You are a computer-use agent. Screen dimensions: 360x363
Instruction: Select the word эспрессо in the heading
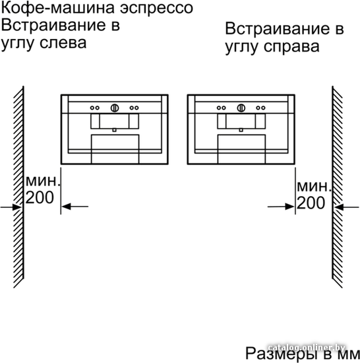[x=156, y=9]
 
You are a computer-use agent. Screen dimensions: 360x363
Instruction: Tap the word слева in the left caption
[x=63, y=43]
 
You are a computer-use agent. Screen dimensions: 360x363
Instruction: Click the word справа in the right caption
[x=291, y=47]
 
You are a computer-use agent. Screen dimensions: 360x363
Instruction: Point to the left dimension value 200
[x=40, y=197]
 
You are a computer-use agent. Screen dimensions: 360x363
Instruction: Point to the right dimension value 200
[x=311, y=203]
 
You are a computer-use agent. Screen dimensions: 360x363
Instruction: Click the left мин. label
[x=43, y=181]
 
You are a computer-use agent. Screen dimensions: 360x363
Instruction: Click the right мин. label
[x=314, y=187]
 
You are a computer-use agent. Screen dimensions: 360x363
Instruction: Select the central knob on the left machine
[x=115, y=108]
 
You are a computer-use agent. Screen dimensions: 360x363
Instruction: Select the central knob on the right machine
[x=241, y=108]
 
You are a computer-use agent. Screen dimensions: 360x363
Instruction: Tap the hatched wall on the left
[x=18, y=187]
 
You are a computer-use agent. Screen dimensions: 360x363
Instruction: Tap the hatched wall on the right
[x=338, y=187]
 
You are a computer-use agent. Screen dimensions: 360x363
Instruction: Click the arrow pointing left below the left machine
[x=75, y=207]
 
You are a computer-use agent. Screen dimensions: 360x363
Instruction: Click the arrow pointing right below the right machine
[x=281, y=207]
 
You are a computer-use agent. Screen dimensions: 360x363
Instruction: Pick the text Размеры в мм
[x=303, y=354]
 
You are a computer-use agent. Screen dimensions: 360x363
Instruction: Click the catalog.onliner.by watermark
[x=307, y=347]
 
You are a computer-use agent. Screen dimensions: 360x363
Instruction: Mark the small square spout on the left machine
[x=114, y=130]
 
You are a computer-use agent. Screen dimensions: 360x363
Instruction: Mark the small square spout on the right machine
[x=241, y=130]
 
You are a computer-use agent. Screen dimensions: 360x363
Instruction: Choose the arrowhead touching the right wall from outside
[x=338, y=207]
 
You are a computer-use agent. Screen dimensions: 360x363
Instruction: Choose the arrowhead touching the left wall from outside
[x=17, y=207]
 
